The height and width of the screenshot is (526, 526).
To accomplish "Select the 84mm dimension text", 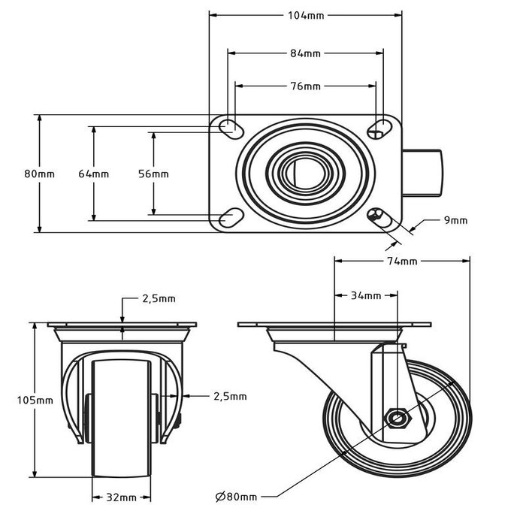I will click(x=306, y=53).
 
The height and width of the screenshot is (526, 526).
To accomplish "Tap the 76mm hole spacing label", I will click(x=306, y=86).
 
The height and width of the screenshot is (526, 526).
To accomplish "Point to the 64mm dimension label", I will click(x=94, y=174).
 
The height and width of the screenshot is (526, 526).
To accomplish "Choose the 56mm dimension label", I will click(x=154, y=174).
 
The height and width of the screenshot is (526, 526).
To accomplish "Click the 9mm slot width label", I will click(x=455, y=220).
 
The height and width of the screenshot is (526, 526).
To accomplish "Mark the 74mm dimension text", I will click(x=402, y=261).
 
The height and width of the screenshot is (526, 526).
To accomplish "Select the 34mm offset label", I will click(x=366, y=295).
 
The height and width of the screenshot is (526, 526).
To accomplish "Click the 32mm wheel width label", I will click(x=122, y=497).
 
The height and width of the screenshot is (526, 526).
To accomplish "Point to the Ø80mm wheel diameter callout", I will click(x=236, y=497).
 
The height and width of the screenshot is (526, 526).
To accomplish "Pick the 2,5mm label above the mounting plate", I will click(x=159, y=298).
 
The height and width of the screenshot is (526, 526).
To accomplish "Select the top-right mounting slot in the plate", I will click(x=380, y=128).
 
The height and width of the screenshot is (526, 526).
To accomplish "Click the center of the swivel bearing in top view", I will click(x=304, y=174).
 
